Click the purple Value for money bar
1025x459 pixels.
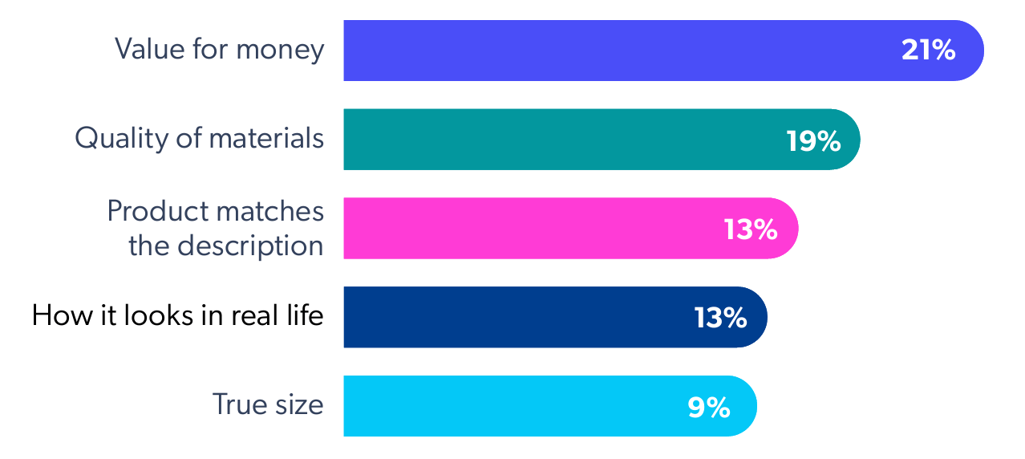click(x=610, y=51)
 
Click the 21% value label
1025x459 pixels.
click(x=928, y=51)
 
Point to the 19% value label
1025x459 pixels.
click(x=812, y=141)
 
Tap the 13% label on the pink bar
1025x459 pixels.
click(x=751, y=229)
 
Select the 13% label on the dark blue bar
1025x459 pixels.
click(x=720, y=318)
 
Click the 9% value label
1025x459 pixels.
click(x=708, y=407)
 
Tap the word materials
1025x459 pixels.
click(x=266, y=139)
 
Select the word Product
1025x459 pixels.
click(x=156, y=212)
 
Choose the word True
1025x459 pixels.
click(x=237, y=404)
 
